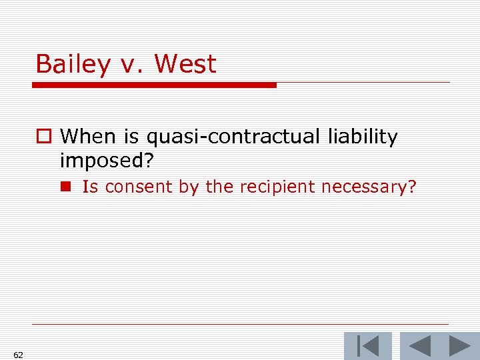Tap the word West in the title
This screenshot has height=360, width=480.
tap(185, 65)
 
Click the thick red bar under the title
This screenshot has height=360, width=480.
tap(154, 85)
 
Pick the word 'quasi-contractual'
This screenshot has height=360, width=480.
tap(234, 137)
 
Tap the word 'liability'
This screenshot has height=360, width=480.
tap(363, 137)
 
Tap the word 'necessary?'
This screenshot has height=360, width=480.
tap(369, 187)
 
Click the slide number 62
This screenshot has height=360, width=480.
tap(18, 355)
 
